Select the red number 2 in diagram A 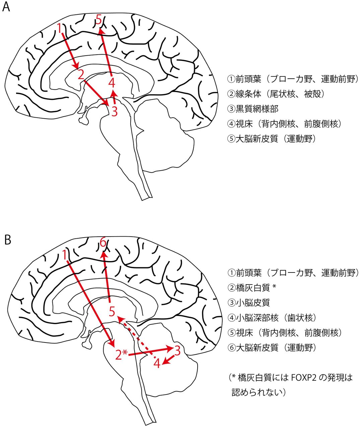pos(80,74)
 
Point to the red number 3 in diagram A pos(115,111)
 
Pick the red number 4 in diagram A pos(112,82)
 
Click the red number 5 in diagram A pos(98,19)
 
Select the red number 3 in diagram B pos(177,351)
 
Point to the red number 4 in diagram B pos(157,363)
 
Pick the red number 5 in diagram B pos(112,311)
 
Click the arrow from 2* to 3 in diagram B pos(151,351)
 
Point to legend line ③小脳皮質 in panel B pos(248,303)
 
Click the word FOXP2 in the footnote pos(304,378)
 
